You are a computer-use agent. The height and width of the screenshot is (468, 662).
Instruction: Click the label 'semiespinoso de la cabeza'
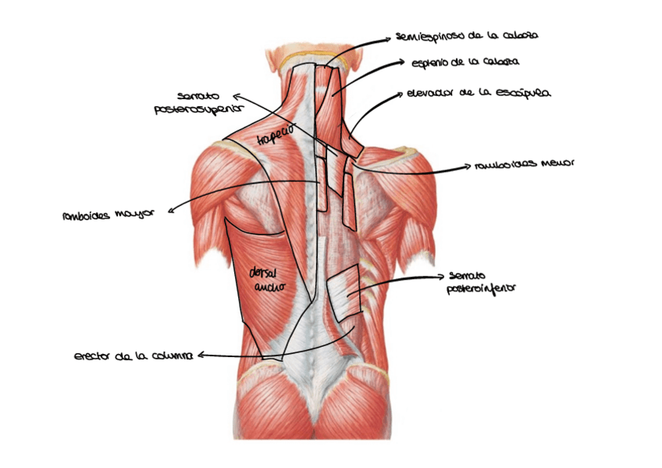point(467,36)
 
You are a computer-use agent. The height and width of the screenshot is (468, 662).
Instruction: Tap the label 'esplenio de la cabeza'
point(465,61)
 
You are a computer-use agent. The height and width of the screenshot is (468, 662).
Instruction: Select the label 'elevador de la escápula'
point(478,93)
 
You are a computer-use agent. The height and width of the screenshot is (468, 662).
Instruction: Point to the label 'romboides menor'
point(524,165)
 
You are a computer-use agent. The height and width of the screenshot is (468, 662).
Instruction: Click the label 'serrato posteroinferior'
point(482,282)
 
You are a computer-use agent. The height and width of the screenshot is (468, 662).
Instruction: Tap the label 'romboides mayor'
point(109,213)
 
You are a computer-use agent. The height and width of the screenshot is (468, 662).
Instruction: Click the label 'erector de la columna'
point(133,356)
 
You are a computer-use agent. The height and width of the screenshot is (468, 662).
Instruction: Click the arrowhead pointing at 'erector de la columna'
point(201,355)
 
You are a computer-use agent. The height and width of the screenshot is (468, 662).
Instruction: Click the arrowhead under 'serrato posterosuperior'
point(237,96)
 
